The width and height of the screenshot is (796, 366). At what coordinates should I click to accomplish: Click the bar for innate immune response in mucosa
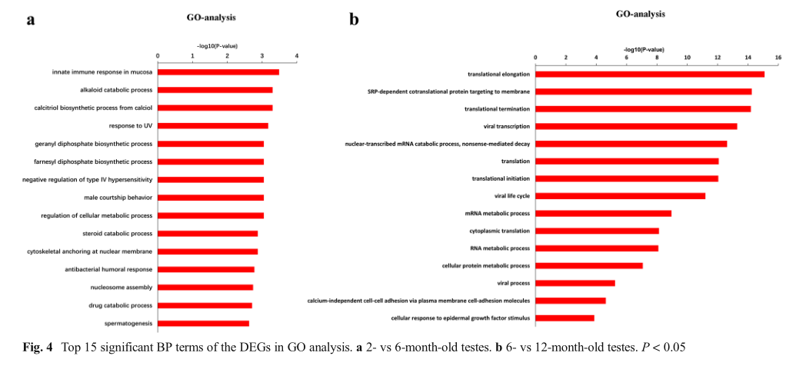[218, 72]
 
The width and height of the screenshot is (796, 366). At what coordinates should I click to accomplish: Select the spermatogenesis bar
[203, 324]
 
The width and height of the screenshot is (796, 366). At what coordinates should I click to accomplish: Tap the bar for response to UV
[213, 126]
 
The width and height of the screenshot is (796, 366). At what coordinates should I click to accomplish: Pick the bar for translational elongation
[650, 74]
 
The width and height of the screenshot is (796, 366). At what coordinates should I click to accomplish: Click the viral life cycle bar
[620, 196]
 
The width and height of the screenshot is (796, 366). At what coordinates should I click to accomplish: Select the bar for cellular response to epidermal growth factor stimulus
[565, 318]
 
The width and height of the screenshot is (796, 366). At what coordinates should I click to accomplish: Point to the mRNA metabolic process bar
[603, 213]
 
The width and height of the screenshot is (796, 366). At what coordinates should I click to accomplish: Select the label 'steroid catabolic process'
[117, 234]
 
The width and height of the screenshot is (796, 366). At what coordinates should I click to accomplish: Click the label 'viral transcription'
[501, 126]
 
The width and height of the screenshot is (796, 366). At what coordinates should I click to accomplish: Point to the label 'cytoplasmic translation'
[499, 231]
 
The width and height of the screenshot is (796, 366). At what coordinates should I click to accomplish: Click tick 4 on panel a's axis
[296, 55]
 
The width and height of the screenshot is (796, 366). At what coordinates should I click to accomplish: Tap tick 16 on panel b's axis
[778, 57]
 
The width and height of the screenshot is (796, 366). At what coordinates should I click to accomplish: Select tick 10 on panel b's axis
[687, 57]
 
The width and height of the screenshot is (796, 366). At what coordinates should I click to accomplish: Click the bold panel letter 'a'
[31, 20]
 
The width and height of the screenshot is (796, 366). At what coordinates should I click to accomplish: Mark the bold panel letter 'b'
[354, 20]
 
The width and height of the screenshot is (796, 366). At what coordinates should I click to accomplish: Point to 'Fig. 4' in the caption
[38, 347]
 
